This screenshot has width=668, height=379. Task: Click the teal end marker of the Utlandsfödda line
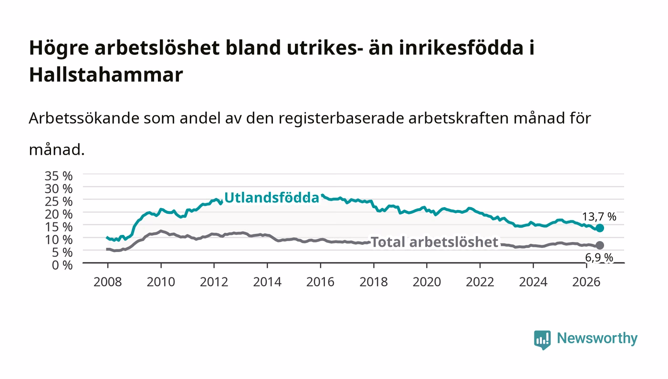click(x=600, y=228)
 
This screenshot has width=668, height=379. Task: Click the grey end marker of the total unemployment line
click(x=600, y=245)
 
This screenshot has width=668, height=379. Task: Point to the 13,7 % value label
click(x=599, y=217)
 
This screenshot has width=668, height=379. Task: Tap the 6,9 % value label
click(x=599, y=258)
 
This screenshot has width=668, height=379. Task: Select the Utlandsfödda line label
click(x=271, y=198)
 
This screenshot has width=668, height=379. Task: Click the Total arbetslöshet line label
click(x=435, y=242)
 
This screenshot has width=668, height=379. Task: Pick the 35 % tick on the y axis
click(x=59, y=176)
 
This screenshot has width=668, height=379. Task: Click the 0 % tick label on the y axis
click(x=63, y=265)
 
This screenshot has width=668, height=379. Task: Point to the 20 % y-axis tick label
click(x=59, y=214)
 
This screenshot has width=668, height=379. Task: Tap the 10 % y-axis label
click(x=59, y=240)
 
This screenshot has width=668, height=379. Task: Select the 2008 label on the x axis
click(x=108, y=282)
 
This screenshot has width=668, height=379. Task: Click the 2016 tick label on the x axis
click(x=320, y=282)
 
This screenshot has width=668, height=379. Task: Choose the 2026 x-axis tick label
click(x=586, y=282)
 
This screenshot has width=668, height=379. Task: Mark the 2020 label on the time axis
click(x=427, y=282)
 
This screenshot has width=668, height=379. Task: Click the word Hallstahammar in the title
click(x=106, y=74)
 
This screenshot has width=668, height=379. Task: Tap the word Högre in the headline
click(x=59, y=48)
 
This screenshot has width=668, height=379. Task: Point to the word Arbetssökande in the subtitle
click(x=84, y=118)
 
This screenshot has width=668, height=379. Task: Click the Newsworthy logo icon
click(x=543, y=340)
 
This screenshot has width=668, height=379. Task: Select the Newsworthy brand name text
click(x=597, y=339)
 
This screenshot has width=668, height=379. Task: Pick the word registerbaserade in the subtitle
click(x=341, y=119)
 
